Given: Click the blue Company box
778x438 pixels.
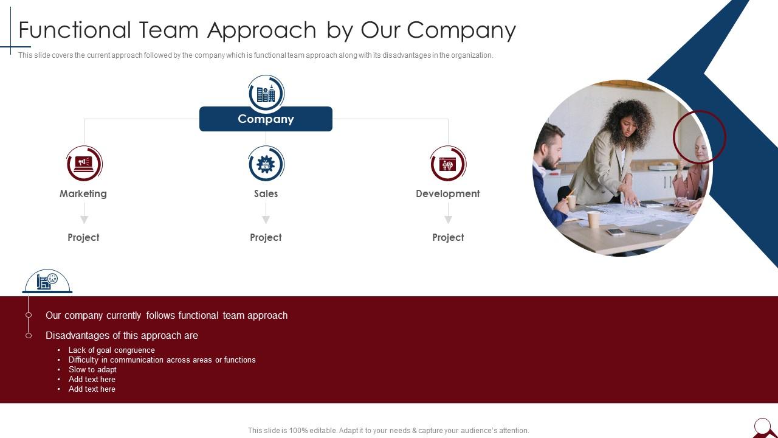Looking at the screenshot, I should point(266,119).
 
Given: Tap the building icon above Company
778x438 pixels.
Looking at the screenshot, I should point(266,93).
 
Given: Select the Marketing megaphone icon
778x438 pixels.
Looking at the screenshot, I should point(84,163).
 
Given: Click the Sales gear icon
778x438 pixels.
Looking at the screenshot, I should point(266,163).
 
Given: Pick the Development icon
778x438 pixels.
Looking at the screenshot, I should point(448,163).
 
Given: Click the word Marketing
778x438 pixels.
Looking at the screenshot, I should point(83,193).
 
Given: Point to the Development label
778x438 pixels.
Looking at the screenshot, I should point(448,193).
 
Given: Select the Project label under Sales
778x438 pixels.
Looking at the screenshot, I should point(266,237).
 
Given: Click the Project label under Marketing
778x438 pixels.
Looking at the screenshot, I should point(83,237).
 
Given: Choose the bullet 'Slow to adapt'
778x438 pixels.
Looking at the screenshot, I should point(92,369).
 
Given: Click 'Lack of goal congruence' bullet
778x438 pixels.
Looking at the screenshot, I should point(111,350).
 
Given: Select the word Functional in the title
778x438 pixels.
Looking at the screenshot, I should point(75,30).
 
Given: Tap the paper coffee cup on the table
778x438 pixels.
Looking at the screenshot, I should point(593,219).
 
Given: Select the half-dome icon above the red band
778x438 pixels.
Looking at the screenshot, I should point(47,281).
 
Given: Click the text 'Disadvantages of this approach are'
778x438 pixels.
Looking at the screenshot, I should point(122,335).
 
